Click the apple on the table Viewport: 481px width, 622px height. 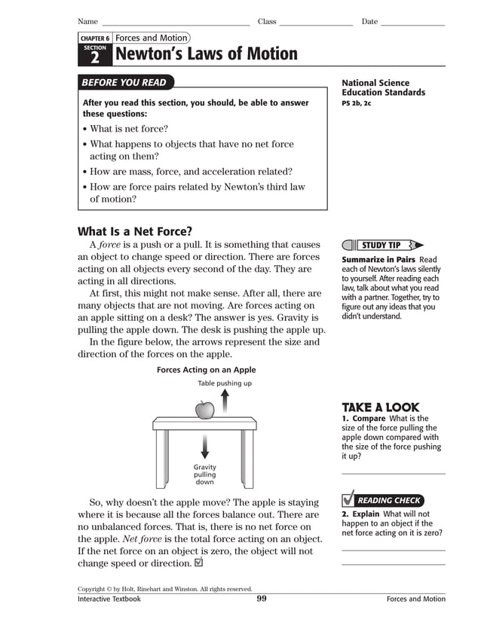(x=204, y=410)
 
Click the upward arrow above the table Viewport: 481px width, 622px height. (x=225, y=402)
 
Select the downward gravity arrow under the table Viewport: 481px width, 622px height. (x=204, y=447)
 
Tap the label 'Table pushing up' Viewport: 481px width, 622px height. (x=225, y=383)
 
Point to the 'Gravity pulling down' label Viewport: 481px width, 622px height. (x=204, y=474)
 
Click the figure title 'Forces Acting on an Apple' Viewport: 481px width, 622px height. (x=206, y=370)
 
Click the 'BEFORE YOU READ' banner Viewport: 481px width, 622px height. (x=126, y=83)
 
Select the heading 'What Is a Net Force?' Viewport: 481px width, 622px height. (x=135, y=231)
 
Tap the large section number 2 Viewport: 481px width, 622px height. (x=95, y=56)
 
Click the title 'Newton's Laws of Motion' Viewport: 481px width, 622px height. (x=206, y=54)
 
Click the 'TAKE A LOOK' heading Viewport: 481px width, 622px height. (x=380, y=407)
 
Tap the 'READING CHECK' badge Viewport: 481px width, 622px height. (x=388, y=500)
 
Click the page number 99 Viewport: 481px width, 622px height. (x=262, y=599)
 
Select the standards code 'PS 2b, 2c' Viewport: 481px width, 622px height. (x=357, y=103)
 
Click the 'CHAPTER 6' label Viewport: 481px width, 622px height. (x=95, y=38)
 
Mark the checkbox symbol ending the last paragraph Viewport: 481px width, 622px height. (x=198, y=563)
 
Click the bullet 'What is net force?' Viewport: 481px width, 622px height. (x=129, y=129)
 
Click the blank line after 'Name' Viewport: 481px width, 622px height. (x=175, y=23)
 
